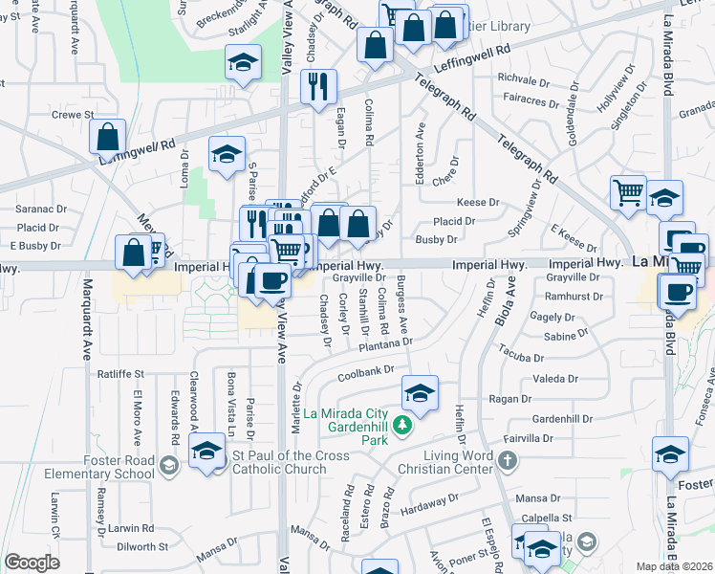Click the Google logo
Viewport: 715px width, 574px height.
(x=32, y=563)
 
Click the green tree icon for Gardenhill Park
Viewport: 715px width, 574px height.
(x=403, y=424)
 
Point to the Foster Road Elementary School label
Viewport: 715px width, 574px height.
(x=117, y=465)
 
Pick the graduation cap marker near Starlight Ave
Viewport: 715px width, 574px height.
(x=244, y=63)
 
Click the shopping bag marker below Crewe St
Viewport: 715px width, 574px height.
(x=107, y=135)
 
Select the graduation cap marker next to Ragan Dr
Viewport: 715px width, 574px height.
(x=419, y=391)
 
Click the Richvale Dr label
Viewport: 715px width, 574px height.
(x=520, y=78)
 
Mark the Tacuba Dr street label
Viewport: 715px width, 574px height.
(x=521, y=356)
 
